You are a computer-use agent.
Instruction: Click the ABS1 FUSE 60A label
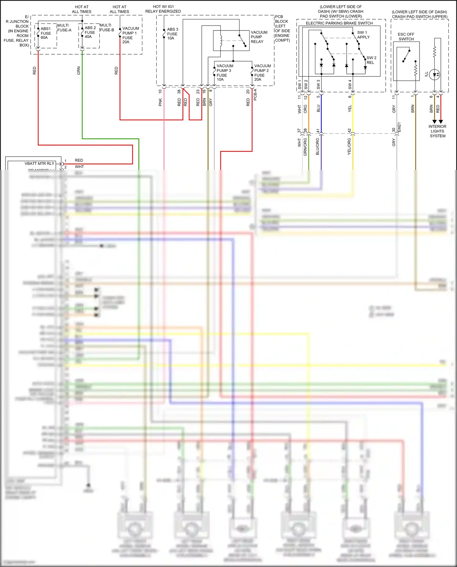[46, 33]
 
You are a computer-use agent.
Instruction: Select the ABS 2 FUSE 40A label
[90, 32]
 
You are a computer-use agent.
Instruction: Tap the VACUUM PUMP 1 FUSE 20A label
[130, 35]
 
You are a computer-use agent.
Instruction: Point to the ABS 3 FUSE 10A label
[172, 34]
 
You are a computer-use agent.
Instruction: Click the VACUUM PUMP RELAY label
[259, 37]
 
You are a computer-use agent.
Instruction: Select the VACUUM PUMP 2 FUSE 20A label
[262, 73]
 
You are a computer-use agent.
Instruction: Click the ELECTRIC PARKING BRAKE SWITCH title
[339, 23]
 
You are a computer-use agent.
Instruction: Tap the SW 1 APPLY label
[363, 35]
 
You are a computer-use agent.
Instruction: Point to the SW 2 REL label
[371, 60]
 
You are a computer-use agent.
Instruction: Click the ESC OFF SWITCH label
[406, 37]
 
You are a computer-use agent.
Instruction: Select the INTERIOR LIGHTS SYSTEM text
[437, 131]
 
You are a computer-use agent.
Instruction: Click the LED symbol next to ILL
[434, 74]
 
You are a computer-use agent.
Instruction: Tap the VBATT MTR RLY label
[39, 164]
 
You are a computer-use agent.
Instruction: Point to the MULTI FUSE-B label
[107, 28]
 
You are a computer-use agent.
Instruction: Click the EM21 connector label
[399, 127]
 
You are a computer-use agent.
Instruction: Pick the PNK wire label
[161, 102]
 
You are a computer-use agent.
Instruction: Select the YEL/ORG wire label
[349, 147]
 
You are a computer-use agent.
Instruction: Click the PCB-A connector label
[255, 95]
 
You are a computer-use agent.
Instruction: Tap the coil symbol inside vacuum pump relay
[221, 41]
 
